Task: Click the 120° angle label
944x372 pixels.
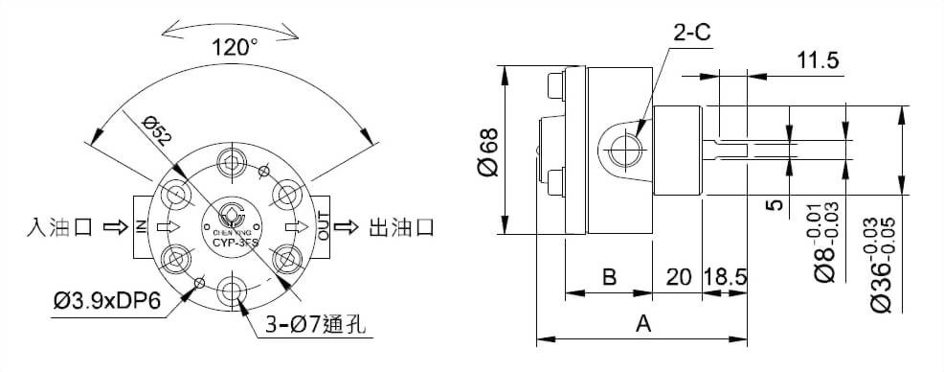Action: (235, 45)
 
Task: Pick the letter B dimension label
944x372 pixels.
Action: (608, 278)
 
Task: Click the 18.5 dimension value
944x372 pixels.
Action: (725, 278)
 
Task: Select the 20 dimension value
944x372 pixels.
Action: (679, 278)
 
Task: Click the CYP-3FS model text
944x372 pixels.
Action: (232, 242)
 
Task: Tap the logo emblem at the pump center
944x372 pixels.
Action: (232, 213)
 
